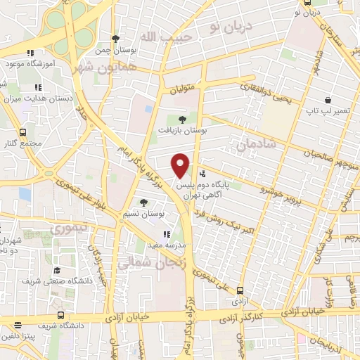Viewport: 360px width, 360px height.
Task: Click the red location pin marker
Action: coord(181,165)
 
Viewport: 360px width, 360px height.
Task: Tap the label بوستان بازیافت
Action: coord(186,131)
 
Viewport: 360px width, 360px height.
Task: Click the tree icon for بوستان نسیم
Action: coord(143,202)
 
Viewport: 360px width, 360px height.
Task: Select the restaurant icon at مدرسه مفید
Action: coord(167,235)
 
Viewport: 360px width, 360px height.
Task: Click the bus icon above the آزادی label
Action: coord(240,290)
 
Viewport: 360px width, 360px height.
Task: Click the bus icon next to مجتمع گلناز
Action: coord(23,131)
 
